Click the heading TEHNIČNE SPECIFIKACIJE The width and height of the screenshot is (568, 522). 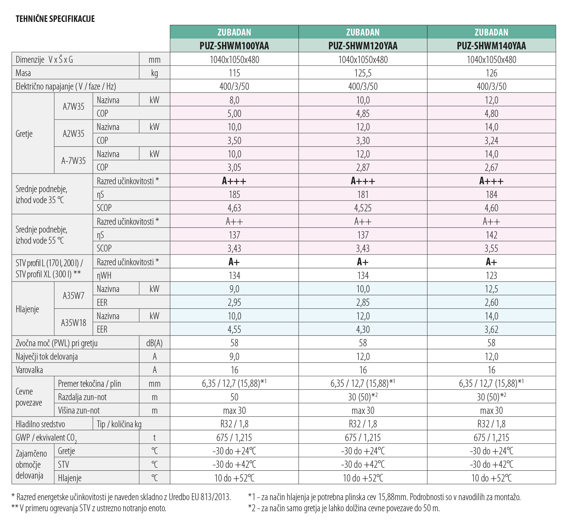55,19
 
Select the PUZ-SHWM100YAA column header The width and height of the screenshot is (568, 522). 234,46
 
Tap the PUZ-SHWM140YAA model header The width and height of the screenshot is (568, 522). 491,46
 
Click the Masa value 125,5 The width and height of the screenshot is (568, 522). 363,73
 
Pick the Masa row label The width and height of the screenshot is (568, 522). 24,73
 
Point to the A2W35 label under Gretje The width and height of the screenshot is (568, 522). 74,133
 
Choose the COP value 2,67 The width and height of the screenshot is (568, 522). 491,167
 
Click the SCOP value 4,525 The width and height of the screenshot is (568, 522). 363,208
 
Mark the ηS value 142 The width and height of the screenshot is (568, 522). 491,235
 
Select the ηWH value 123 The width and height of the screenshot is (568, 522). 491,275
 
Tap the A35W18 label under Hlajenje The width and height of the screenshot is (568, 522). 74,323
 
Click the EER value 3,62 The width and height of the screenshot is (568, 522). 491,329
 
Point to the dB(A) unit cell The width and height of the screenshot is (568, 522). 154,343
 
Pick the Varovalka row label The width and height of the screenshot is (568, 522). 29,370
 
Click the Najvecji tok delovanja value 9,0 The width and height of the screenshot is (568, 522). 234,356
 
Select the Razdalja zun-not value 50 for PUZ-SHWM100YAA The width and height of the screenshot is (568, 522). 234,397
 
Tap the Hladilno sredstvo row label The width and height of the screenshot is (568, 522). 40,424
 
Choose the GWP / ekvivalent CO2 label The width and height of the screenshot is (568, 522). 46,438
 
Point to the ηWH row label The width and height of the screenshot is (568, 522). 104,275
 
